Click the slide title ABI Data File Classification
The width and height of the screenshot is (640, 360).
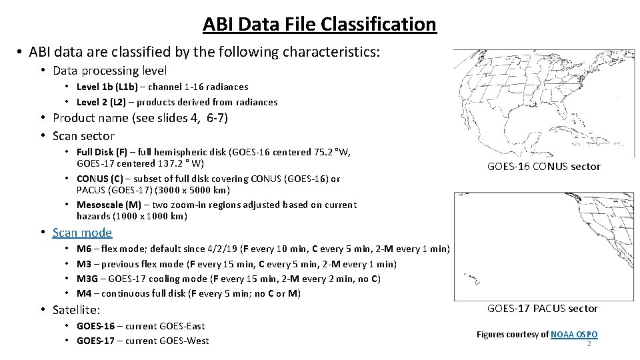click(x=319, y=25)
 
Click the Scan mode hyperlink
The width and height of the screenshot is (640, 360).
click(x=82, y=233)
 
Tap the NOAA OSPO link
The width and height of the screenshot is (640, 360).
click(x=574, y=334)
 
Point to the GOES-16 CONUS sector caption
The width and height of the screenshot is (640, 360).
click(x=543, y=167)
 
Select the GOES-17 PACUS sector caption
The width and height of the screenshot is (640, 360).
click(x=542, y=309)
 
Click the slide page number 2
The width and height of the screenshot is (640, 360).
click(x=589, y=343)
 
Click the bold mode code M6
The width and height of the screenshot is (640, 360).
click(x=84, y=249)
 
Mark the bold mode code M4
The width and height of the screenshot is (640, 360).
click(x=84, y=293)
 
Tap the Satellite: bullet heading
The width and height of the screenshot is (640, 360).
click(x=76, y=310)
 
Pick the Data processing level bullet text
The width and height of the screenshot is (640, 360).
click(x=109, y=70)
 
